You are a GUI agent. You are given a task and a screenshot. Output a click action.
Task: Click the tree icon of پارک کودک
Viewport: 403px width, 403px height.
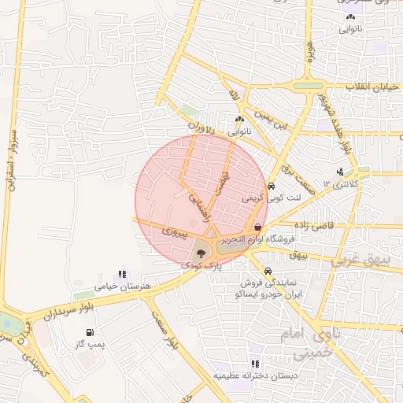coord(202,253)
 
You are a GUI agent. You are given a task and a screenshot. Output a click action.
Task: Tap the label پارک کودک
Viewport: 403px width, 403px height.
coord(201,267)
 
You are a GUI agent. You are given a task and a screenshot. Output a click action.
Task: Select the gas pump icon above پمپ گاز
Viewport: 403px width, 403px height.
coord(91,333)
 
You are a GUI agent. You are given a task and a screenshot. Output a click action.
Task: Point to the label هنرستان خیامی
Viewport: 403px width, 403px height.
coord(121,287)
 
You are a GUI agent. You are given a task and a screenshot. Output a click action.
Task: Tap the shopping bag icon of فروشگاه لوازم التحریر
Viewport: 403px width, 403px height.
coord(257,227)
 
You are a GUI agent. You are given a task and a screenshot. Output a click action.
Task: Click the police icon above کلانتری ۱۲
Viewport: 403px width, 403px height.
coord(340,172)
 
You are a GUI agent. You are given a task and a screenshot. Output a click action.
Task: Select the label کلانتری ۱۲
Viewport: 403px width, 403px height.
coord(341,184)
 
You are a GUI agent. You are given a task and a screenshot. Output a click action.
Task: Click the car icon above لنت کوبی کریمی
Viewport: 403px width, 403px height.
coord(271,187)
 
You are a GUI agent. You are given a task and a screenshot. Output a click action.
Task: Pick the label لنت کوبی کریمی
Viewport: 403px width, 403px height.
coord(270,200)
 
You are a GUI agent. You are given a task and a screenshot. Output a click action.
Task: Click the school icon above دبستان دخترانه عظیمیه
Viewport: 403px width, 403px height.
coord(254,364)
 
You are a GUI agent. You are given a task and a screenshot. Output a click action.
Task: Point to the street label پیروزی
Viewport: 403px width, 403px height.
coord(175,233)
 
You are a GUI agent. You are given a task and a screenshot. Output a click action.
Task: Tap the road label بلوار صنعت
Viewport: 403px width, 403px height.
coord(163,331)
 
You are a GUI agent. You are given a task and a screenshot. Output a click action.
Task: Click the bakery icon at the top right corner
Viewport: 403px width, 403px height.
coord(350,17)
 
